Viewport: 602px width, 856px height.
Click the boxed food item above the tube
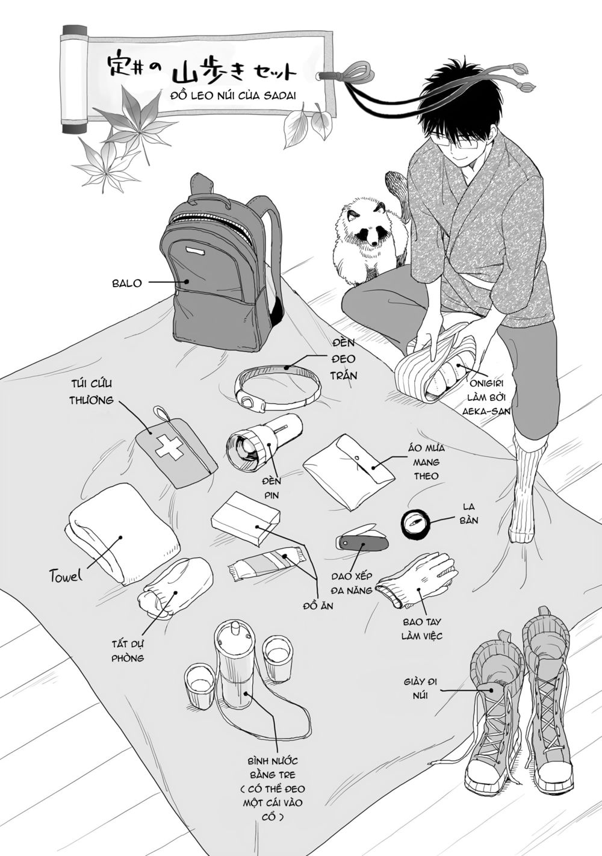(x=245, y=517)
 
